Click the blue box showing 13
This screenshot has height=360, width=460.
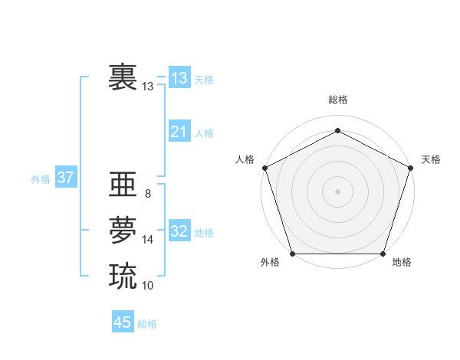click(179, 78)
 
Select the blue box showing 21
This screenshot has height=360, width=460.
click(179, 132)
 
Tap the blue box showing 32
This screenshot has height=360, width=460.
click(179, 231)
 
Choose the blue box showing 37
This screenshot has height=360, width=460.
click(65, 178)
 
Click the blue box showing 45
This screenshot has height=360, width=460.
click(123, 322)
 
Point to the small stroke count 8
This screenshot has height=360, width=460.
click(147, 194)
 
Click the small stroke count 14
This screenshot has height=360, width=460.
click(148, 240)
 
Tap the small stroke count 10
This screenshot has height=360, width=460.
click(148, 285)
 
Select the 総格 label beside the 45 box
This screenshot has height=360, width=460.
click(147, 324)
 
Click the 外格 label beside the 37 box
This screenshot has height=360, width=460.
click(41, 179)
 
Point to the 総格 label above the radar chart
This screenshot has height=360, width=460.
click(337, 100)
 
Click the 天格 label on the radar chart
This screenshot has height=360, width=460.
click(432, 159)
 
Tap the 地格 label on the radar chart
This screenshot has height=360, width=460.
click(402, 263)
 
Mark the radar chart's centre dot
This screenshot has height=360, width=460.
click(337, 191)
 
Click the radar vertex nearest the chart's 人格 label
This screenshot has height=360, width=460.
click(264, 168)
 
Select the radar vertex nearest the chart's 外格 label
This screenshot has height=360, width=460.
click(292, 254)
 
